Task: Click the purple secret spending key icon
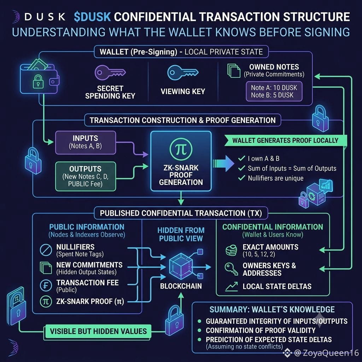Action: coord(110,72)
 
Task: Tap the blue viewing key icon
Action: coord(183,72)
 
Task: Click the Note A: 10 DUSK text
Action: coord(274,88)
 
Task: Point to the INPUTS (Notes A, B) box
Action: coord(86,142)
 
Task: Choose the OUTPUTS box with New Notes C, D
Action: coord(86,176)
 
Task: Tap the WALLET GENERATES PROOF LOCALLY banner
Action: coord(285,140)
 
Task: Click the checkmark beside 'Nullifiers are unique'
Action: coord(241,178)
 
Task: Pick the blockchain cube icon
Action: coord(181,266)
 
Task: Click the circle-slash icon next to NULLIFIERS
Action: coord(46,250)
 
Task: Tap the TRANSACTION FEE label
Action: coord(88,282)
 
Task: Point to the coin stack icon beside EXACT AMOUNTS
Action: coord(231,250)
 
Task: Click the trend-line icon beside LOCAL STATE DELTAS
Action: coord(232,286)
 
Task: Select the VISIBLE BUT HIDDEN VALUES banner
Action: coord(98,331)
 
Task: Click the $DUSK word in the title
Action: coord(92,17)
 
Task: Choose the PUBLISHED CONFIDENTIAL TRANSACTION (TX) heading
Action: coord(181,213)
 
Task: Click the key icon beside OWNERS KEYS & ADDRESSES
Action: coord(231,269)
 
